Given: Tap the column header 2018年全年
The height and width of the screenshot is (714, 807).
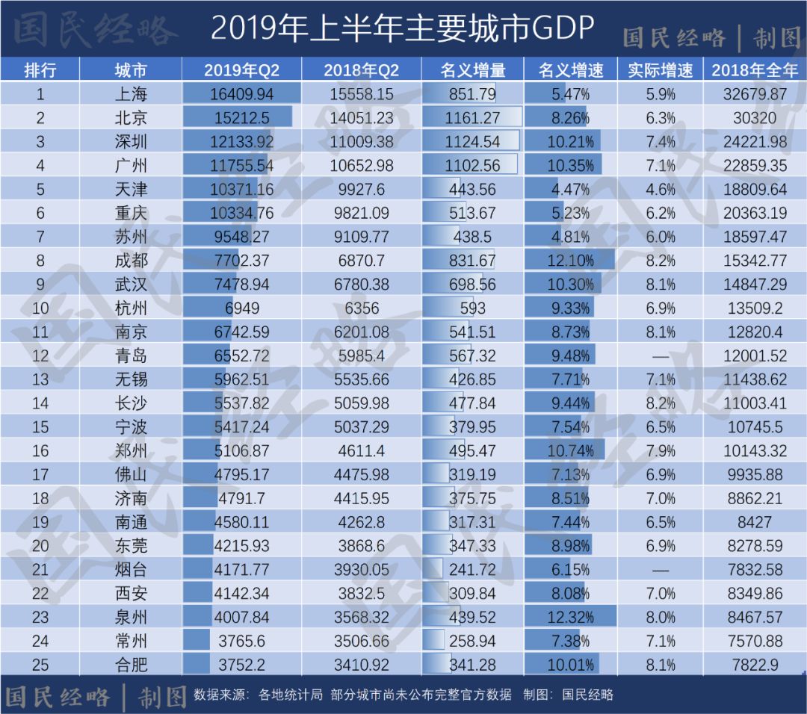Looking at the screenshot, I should point(755,70).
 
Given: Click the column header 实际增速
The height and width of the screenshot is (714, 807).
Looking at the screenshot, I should point(661,70).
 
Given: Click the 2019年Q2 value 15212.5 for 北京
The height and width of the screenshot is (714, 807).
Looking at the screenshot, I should point(242,118).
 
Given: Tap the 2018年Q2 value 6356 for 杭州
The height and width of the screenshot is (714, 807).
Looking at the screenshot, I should point(362,308).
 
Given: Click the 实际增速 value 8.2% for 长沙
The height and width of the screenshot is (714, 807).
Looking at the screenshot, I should point(661,403).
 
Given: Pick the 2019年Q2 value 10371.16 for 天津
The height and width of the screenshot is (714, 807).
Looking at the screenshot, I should point(242,190).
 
